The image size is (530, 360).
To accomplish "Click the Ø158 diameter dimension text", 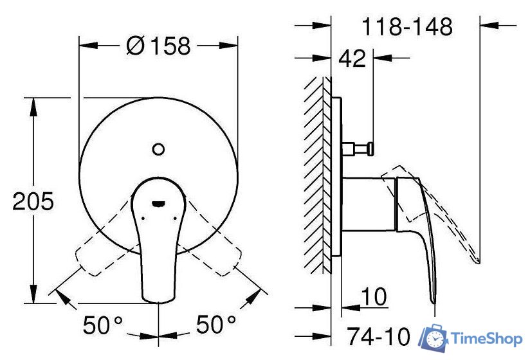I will tap(158, 46).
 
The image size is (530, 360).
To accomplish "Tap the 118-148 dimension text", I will tap(407, 27).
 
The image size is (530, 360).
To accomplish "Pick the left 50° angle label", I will tap(103, 325).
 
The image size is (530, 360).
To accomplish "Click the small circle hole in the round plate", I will tap(158, 150).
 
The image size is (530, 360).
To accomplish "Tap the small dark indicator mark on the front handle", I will tap(158, 204).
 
